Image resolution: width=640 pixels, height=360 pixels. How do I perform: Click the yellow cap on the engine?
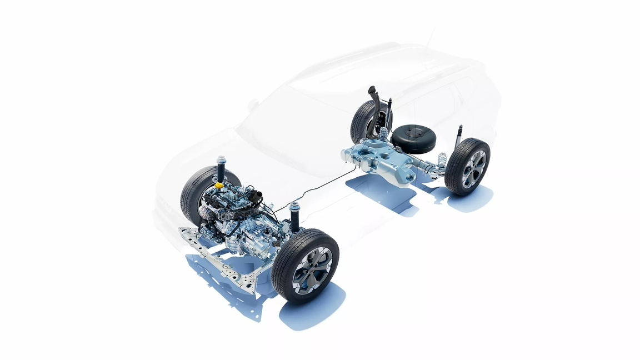pos(219,184)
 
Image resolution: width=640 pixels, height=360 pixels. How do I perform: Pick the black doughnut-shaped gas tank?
pos(413,138)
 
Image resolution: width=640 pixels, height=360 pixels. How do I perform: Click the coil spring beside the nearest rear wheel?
pos(442,162)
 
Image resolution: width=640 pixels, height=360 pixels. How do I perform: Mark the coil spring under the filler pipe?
pos(383,134)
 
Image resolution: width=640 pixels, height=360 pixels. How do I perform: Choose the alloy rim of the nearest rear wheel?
pos(473,168)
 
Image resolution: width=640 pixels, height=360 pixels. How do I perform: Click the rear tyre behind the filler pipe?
pos(361,122)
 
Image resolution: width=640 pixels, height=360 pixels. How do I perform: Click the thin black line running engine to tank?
pos(322,186)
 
